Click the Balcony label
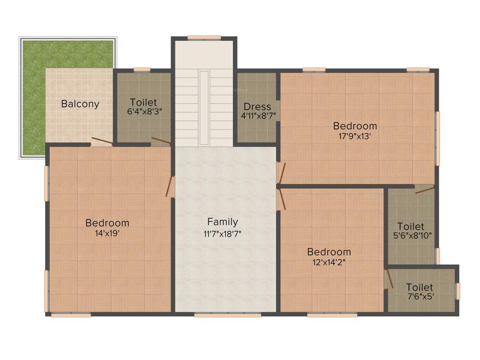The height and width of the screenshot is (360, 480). [x=80, y=104]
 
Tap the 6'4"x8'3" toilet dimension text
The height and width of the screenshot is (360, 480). [x=143, y=111]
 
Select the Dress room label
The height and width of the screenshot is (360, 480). [x=257, y=106]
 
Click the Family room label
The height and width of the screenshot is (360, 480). [x=223, y=222]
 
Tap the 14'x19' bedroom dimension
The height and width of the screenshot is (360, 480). [x=107, y=232]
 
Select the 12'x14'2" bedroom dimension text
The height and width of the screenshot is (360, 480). [x=329, y=262]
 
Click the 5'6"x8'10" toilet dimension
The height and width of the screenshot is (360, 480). [x=411, y=236]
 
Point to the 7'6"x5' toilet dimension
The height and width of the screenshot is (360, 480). [x=420, y=297]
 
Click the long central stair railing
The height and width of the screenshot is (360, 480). [x=204, y=108]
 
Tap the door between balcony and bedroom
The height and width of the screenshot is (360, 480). [x=102, y=141]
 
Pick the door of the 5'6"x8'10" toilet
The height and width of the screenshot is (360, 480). [x=425, y=188]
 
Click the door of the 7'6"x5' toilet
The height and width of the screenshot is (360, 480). [x=388, y=278]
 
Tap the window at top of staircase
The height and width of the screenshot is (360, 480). [x=204, y=37]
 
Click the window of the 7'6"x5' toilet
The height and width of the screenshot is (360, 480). [x=458, y=291]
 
